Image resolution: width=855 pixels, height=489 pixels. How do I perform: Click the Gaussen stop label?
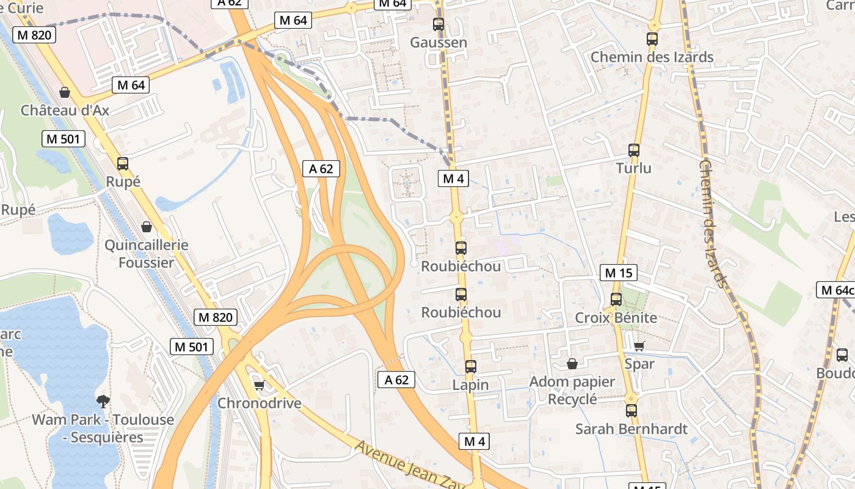(438, 43)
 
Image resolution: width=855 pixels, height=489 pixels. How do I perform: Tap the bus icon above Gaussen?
(438, 24)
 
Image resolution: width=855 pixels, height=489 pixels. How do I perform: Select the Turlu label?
(633, 168)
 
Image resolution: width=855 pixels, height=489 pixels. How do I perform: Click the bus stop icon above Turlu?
(634, 150)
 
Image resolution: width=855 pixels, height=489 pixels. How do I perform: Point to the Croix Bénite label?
(616, 318)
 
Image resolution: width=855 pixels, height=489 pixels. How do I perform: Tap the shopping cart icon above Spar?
(639, 347)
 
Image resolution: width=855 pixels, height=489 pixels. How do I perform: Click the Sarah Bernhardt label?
(631, 429)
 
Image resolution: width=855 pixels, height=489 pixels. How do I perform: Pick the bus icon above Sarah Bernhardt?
(631, 411)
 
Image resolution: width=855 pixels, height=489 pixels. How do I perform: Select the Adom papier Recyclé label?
(572, 390)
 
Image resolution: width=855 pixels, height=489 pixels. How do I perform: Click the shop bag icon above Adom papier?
(572, 364)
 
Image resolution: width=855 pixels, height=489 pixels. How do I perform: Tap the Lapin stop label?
(470, 385)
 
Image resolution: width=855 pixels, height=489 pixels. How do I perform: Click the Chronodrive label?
(260, 403)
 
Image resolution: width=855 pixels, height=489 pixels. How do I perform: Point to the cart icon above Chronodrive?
(259, 385)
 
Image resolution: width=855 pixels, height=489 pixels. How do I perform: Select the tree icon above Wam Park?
(103, 402)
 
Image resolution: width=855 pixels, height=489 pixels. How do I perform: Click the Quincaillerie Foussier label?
(147, 254)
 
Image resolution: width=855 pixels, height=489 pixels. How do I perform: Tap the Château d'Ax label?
(65, 111)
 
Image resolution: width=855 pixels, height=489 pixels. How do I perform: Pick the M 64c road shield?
(835, 290)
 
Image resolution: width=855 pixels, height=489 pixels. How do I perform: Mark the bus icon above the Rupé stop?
(123, 164)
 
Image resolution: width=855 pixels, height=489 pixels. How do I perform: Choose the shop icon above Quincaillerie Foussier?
(147, 227)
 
